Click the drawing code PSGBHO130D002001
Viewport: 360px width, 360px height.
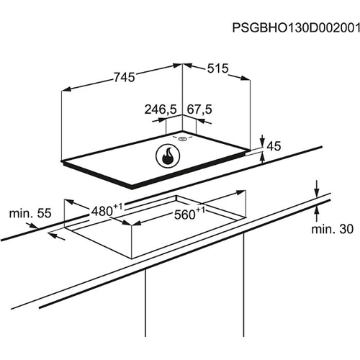click(x=296, y=28)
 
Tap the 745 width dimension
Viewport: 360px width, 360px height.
click(x=125, y=77)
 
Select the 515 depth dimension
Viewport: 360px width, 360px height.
click(x=217, y=68)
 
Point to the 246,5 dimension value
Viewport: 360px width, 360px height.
click(x=161, y=109)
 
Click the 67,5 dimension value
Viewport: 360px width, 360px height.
click(x=199, y=109)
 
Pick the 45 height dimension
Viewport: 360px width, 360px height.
click(x=274, y=146)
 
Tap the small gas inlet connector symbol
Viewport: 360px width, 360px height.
click(x=182, y=138)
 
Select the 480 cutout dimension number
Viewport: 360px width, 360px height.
click(x=102, y=212)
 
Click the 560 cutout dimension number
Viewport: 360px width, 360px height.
click(x=185, y=215)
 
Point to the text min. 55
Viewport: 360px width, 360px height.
click(x=30, y=213)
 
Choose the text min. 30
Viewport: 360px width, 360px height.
click(x=333, y=229)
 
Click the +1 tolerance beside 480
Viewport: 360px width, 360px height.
click(x=118, y=207)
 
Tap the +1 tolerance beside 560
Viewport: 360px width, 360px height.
click(x=201, y=210)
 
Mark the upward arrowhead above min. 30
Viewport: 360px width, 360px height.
click(x=317, y=210)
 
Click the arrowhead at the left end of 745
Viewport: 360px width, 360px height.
click(x=66, y=89)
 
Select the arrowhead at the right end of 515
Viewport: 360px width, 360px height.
click(x=246, y=78)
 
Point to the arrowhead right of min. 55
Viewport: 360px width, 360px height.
click(x=33, y=225)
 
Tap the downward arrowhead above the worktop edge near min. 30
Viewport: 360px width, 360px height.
click(x=317, y=193)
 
